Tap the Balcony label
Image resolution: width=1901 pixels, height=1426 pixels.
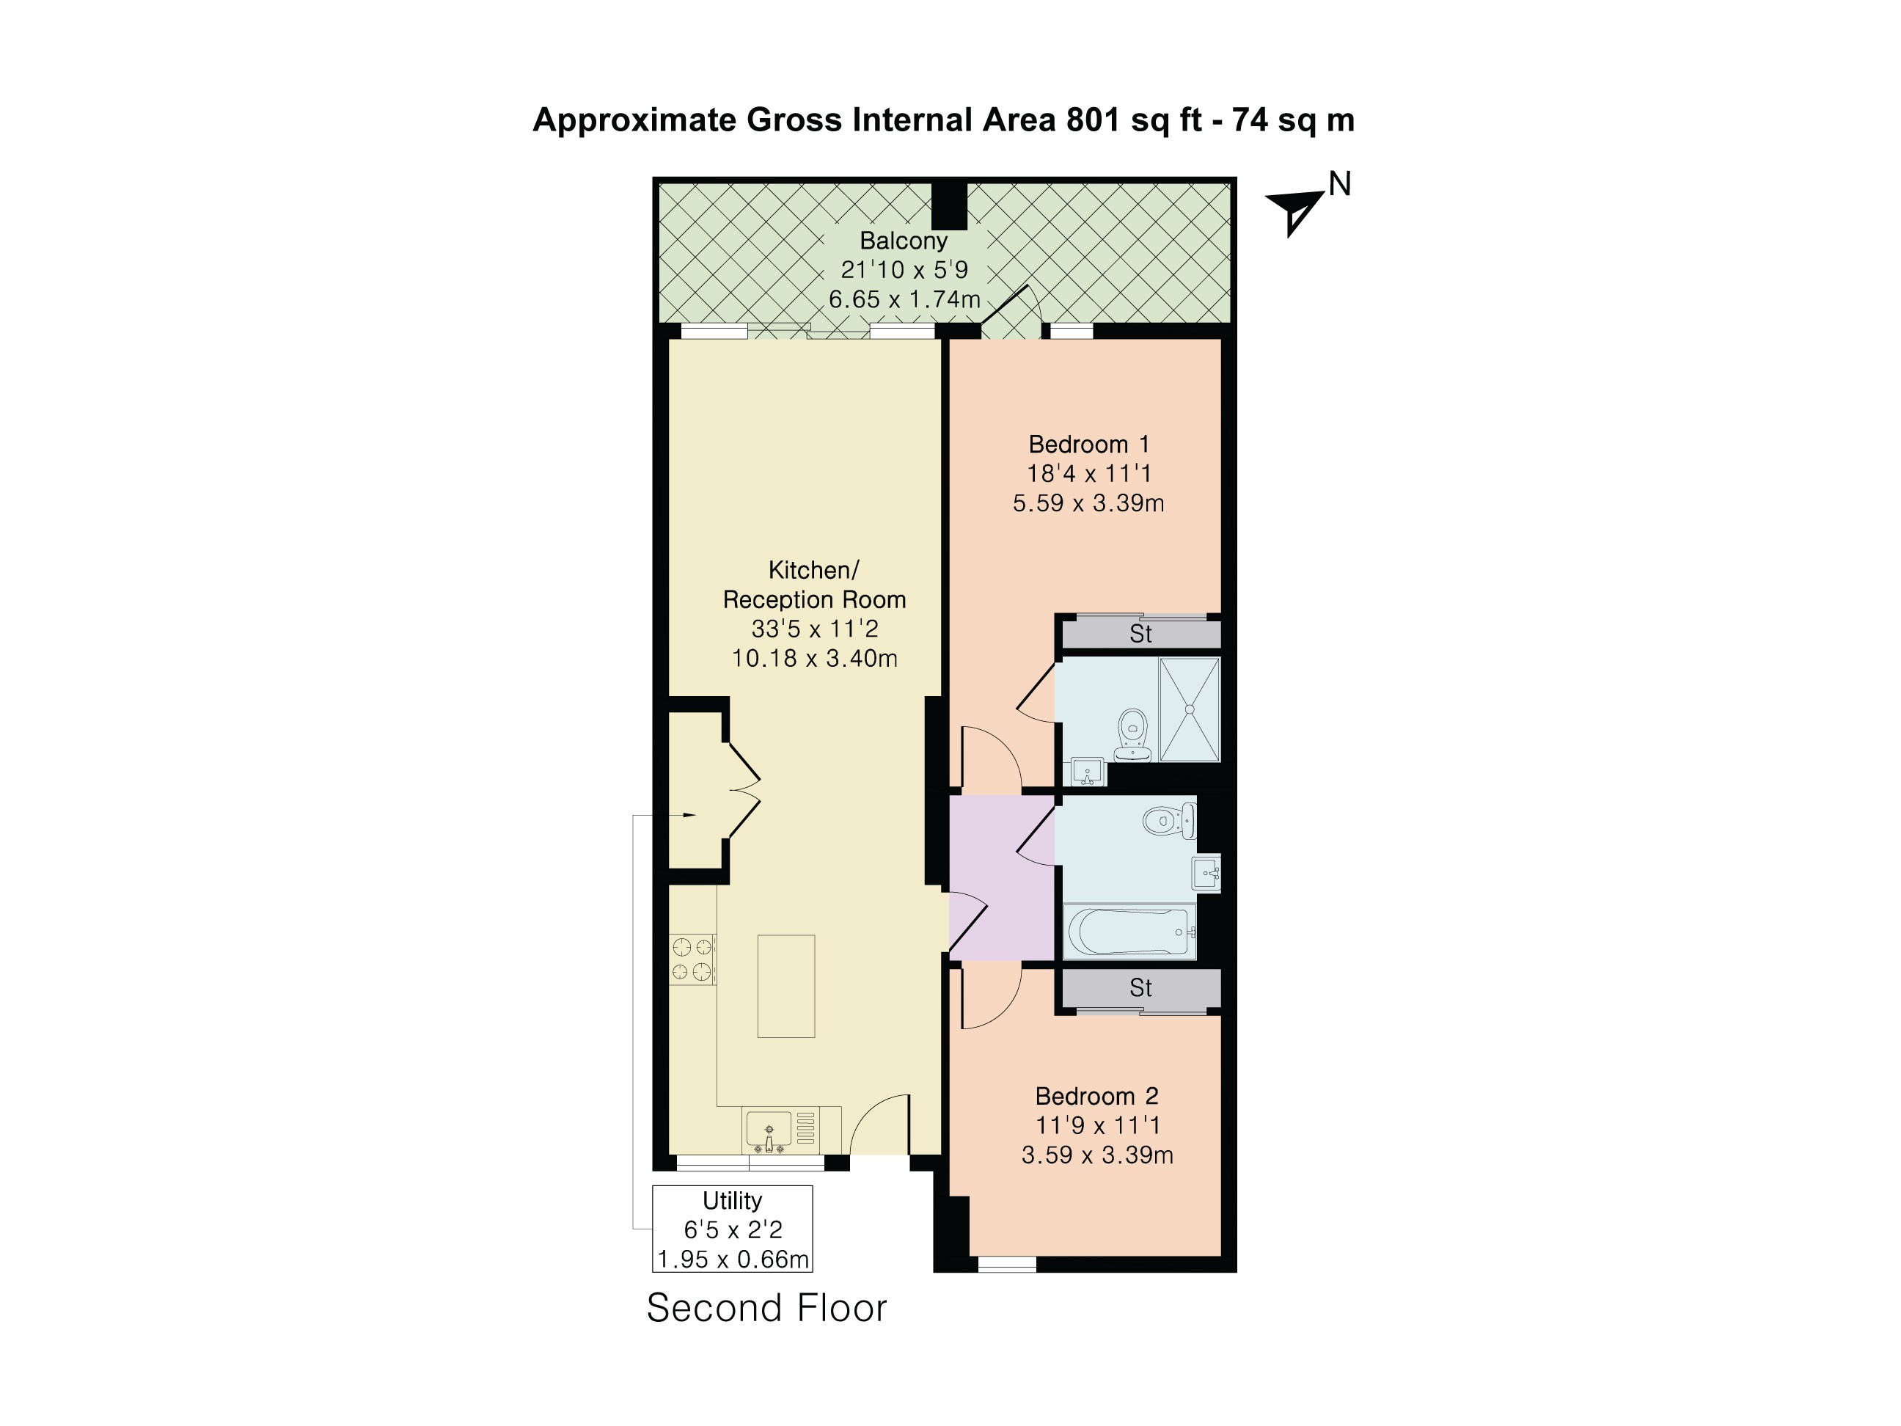point(904,241)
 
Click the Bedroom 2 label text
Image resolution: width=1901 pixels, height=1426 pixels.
point(1096,1096)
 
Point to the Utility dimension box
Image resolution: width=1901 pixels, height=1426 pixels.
point(732,1229)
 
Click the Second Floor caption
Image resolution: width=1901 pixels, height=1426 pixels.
point(766,1308)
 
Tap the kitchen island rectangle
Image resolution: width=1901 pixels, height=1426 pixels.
point(785,986)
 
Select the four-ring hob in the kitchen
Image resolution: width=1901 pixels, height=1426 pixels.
point(692,959)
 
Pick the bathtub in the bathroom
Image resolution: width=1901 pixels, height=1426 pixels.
point(1129,931)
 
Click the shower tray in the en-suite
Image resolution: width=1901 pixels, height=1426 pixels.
point(1190,709)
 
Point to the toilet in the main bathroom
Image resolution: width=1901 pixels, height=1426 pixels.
point(1169,821)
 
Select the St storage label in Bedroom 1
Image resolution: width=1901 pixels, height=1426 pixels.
point(1140,635)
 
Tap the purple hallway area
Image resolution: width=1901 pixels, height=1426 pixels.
point(1002,877)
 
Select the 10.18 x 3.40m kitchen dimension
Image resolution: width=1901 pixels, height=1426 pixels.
point(815,659)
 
